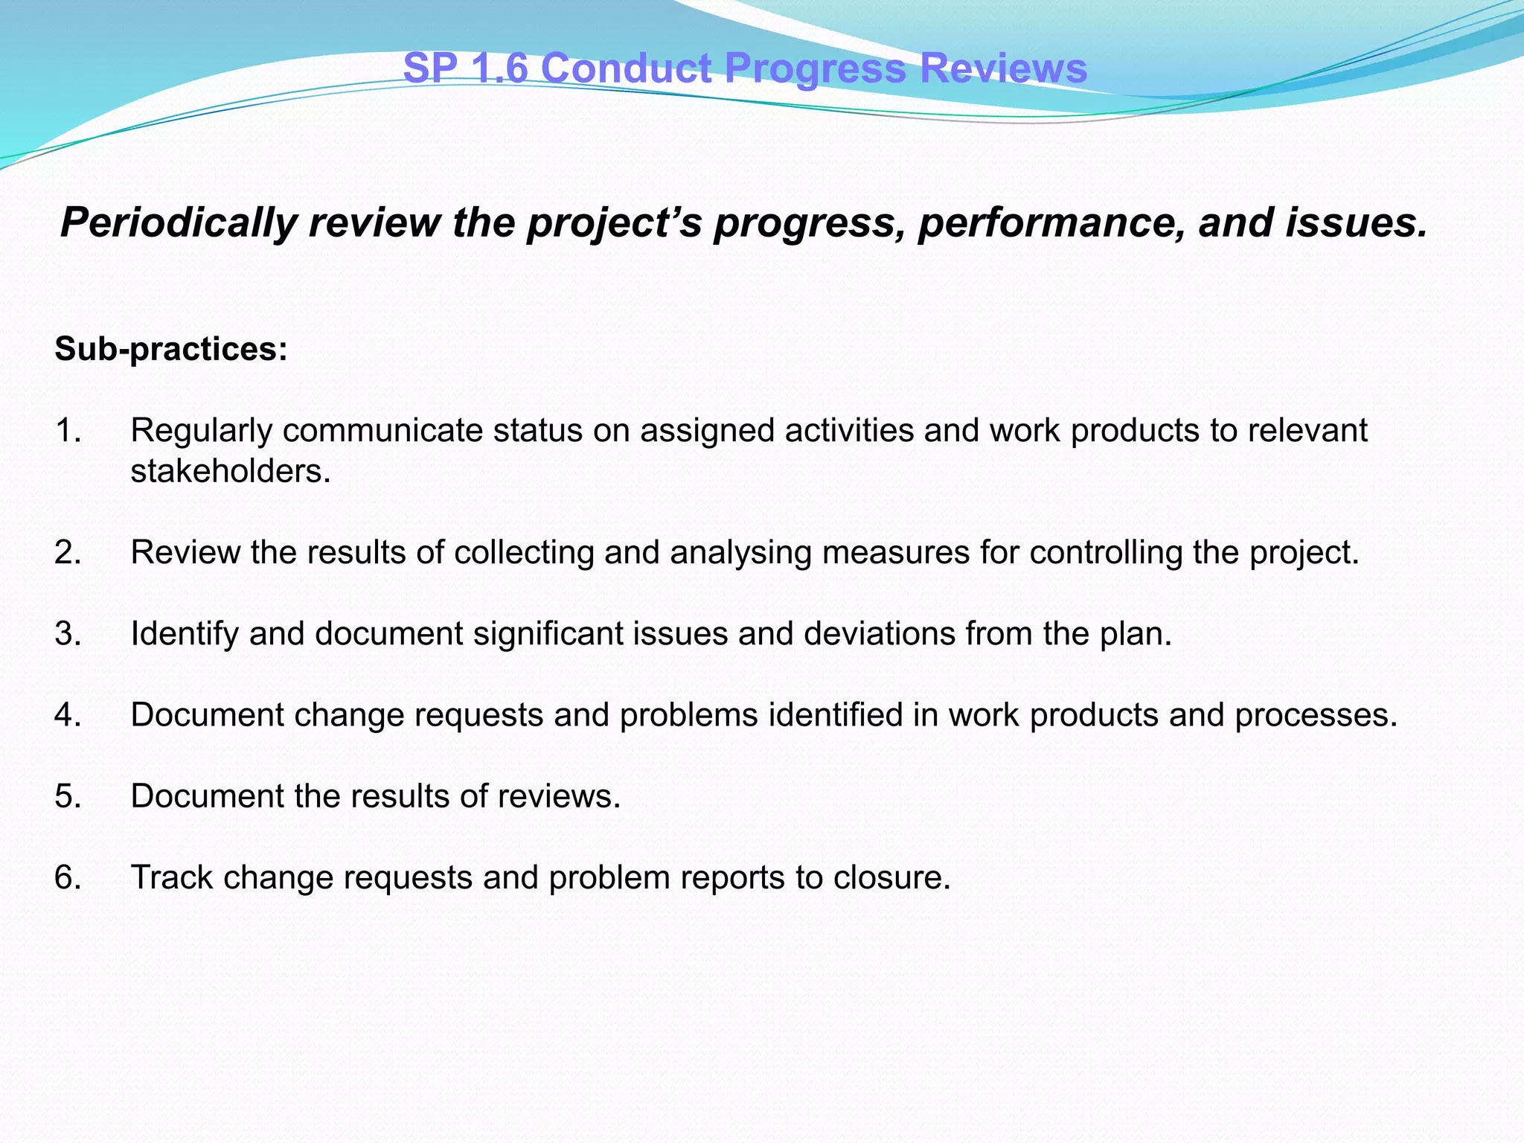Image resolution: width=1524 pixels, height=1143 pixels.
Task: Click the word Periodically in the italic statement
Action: coord(177,223)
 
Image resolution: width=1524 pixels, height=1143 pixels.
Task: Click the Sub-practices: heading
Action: coord(171,349)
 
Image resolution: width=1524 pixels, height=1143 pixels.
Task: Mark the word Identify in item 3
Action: coord(184,634)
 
